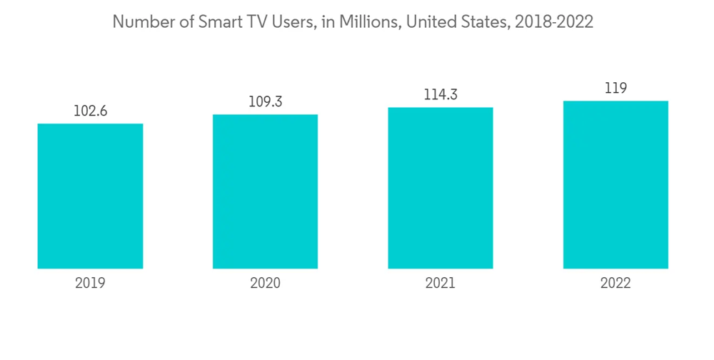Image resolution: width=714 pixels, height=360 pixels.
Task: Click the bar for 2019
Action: (x=90, y=196)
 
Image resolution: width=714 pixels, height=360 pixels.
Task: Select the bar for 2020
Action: (x=265, y=191)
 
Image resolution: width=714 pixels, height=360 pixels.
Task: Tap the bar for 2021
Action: (x=441, y=188)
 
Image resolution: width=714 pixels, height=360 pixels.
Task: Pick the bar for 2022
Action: (x=615, y=185)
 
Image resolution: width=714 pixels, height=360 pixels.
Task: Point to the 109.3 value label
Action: (x=265, y=101)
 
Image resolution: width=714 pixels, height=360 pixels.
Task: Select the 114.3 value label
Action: (x=441, y=94)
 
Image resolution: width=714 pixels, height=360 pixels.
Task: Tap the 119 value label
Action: (x=615, y=88)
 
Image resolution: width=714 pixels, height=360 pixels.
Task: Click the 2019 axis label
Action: (x=90, y=284)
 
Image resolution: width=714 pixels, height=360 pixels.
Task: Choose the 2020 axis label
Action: (x=265, y=284)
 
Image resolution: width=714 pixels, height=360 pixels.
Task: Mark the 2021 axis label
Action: (x=441, y=284)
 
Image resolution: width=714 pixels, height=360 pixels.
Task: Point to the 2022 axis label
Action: (x=615, y=284)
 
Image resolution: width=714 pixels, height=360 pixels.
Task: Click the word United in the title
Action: (x=431, y=22)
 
